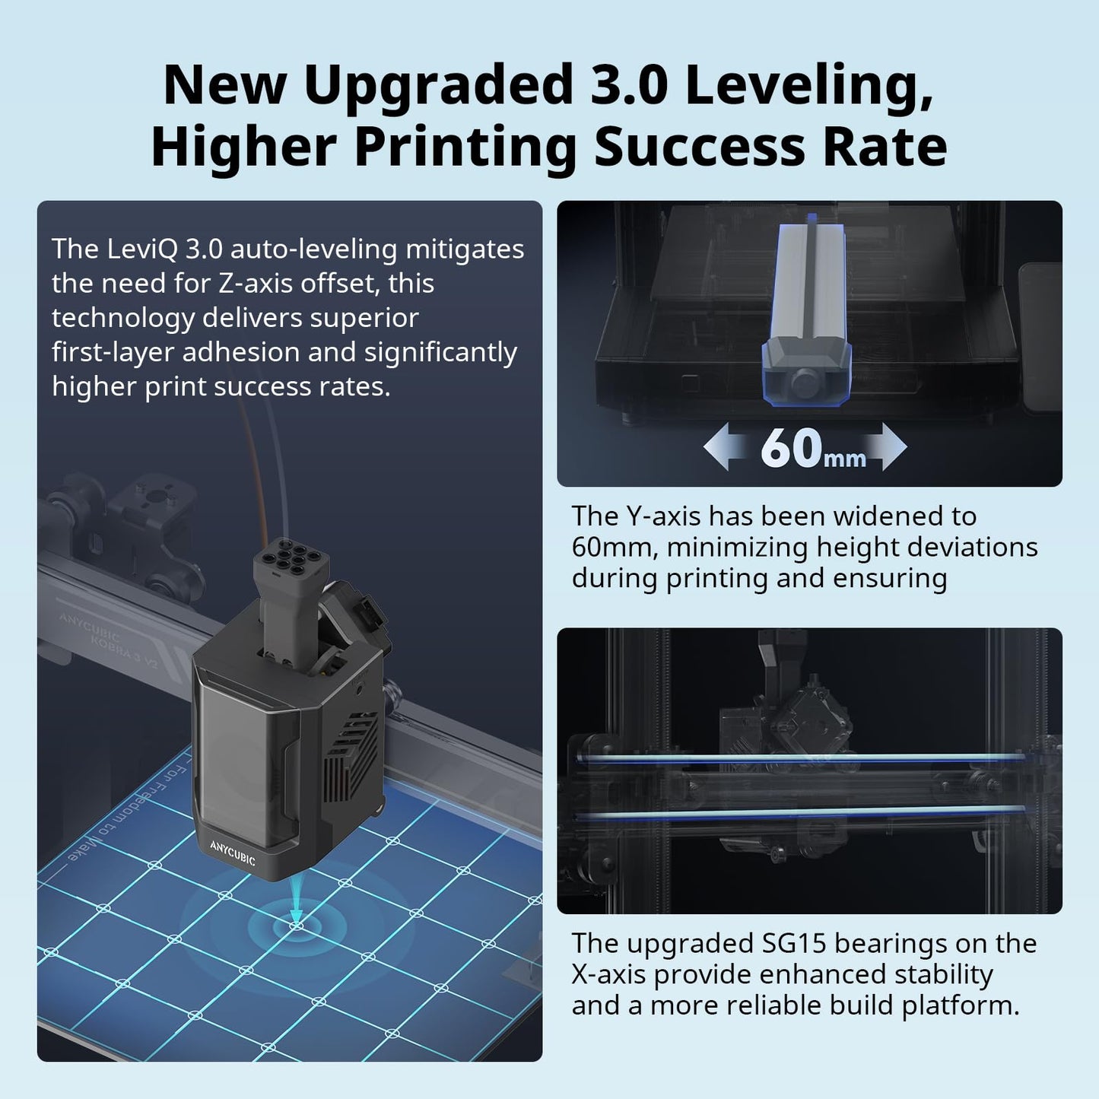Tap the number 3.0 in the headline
coord(628,85)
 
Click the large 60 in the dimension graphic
coord(791,448)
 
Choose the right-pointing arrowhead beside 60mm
coord(889,446)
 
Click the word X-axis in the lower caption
coord(608,975)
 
